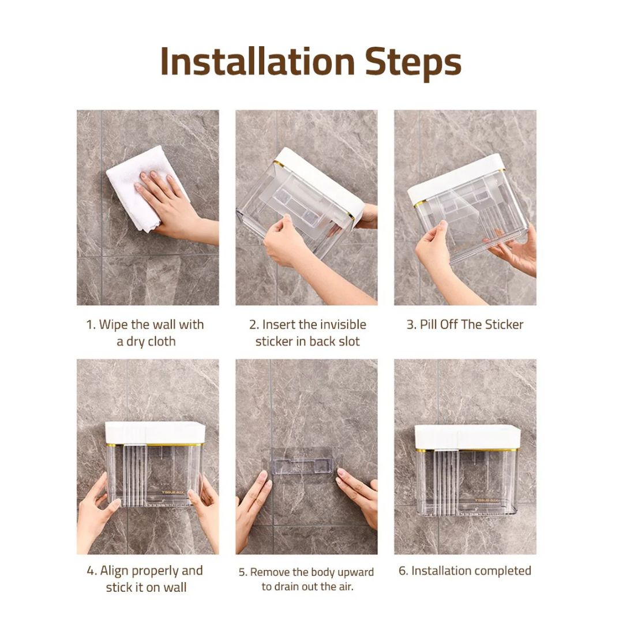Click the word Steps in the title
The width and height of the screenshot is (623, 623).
coord(413,64)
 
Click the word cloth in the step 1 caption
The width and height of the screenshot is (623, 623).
coord(161,341)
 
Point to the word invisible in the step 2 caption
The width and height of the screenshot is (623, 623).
coord(343,325)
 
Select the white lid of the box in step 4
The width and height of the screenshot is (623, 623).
coord(155,433)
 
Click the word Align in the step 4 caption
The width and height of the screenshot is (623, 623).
coord(114,571)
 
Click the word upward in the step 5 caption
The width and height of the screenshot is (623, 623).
coord(355,573)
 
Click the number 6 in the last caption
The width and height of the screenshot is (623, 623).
coord(403,571)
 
